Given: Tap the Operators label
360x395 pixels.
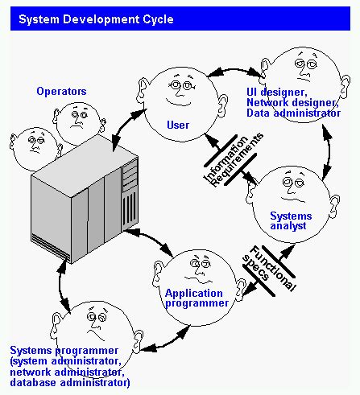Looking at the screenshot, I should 61,92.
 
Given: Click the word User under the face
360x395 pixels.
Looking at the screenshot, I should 177,125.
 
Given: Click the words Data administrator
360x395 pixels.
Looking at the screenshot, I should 293,113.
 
